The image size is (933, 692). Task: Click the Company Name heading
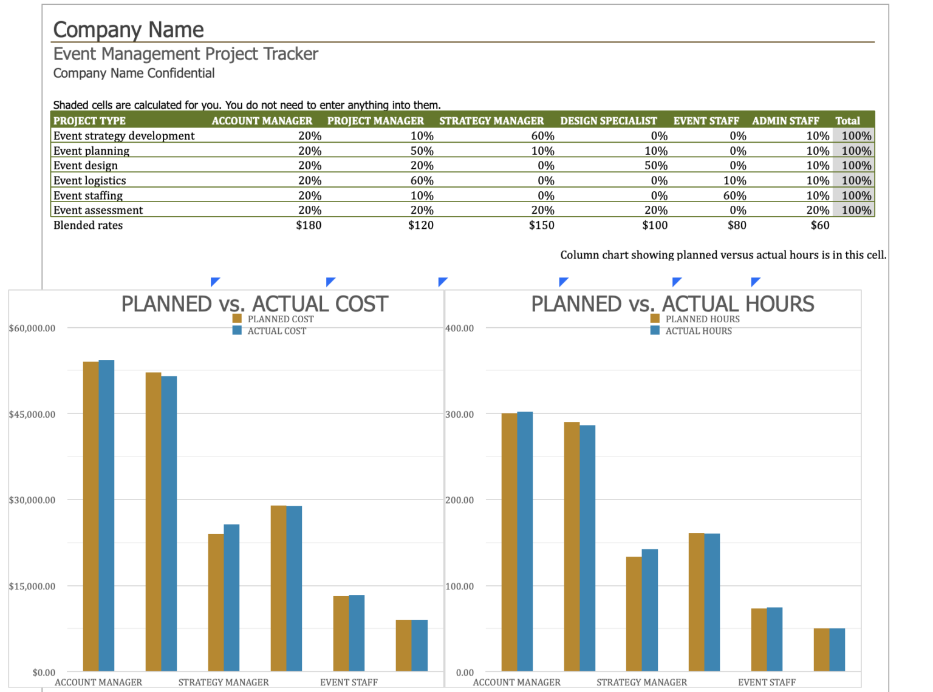tap(128, 29)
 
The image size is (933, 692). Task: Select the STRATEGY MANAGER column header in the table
tap(491, 121)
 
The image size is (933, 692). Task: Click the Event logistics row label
tap(90, 180)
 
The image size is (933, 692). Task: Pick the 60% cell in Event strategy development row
tap(542, 136)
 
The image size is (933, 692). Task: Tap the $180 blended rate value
tap(309, 225)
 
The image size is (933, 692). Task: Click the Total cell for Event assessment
tap(856, 210)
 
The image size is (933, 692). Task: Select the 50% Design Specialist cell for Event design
tap(655, 166)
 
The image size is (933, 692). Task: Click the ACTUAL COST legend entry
tap(276, 331)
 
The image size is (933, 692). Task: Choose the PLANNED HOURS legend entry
tap(702, 319)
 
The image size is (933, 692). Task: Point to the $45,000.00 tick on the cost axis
tap(32, 414)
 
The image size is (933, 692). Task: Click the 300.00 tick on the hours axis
tap(460, 414)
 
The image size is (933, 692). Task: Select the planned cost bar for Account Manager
tap(91, 516)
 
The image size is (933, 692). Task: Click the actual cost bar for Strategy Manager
tap(231, 597)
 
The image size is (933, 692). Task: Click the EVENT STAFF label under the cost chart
tap(349, 682)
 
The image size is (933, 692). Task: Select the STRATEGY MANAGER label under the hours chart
tap(641, 682)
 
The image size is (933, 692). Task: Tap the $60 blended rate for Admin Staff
tap(819, 225)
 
